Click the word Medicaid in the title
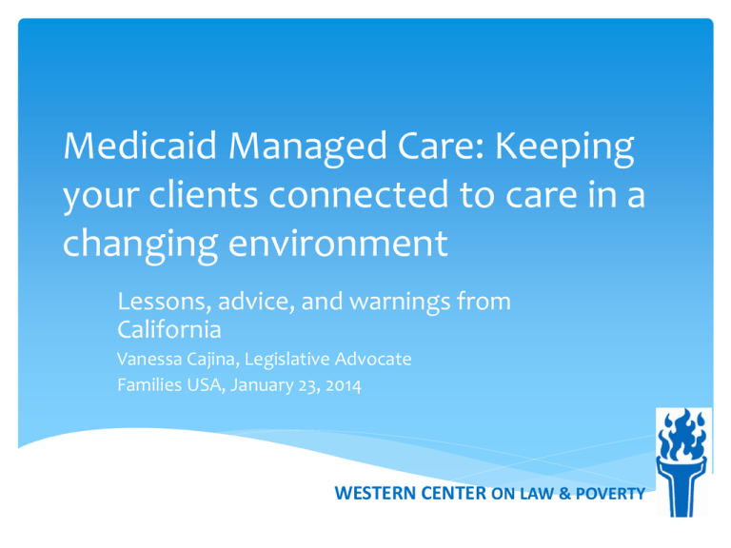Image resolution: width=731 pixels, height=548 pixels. coord(140,146)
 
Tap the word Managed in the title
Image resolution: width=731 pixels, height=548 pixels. coord(307,149)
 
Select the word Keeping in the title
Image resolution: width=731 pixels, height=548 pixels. coord(564,149)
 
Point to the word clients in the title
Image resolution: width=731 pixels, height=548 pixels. coord(204,194)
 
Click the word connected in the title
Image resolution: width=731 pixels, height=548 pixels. coord(359,195)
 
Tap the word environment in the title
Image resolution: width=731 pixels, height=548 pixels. coord(338,244)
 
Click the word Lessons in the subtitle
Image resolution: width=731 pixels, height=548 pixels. coord(161,302)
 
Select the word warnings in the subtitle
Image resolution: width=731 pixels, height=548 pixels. coord(400,303)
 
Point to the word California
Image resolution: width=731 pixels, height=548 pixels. coord(169,329)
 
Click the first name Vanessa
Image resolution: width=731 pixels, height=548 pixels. coord(149,360)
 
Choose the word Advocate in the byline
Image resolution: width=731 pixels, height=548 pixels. coord(373,360)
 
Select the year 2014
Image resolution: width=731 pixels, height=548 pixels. coord(344,386)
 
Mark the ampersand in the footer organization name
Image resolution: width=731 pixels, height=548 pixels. coord(564,494)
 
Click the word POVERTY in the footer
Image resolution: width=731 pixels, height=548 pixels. coord(610,494)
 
